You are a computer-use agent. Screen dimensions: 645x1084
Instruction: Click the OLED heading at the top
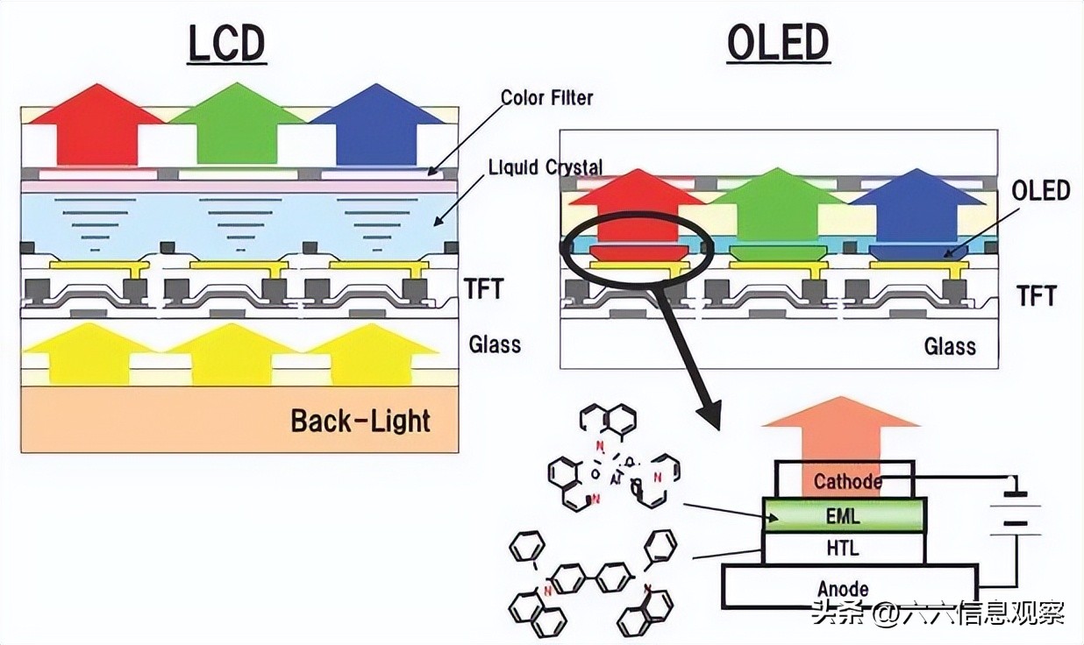(x=778, y=44)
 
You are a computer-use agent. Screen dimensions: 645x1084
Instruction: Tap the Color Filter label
(x=546, y=97)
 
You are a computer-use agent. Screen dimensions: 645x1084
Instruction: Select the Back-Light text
(x=360, y=421)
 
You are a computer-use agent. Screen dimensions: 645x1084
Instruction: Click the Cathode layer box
(x=842, y=480)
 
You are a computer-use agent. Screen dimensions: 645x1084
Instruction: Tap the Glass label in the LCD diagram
(x=495, y=344)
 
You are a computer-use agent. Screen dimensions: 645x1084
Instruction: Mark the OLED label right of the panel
(x=1040, y=190)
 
